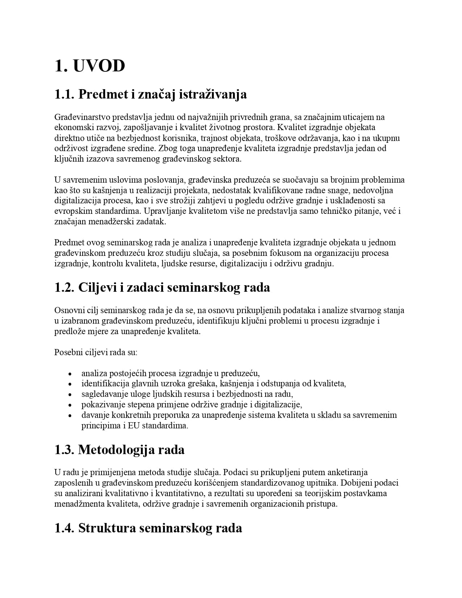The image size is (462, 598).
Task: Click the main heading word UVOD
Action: [x=99, y=66]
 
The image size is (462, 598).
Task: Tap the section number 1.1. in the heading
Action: [x=64, y=94]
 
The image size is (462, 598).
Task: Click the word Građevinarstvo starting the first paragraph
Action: [x=82, y=117]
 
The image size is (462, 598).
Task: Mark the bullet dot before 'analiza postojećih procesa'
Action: [x=70, y=374]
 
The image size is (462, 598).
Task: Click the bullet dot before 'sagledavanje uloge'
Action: [x=70, y=394]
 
